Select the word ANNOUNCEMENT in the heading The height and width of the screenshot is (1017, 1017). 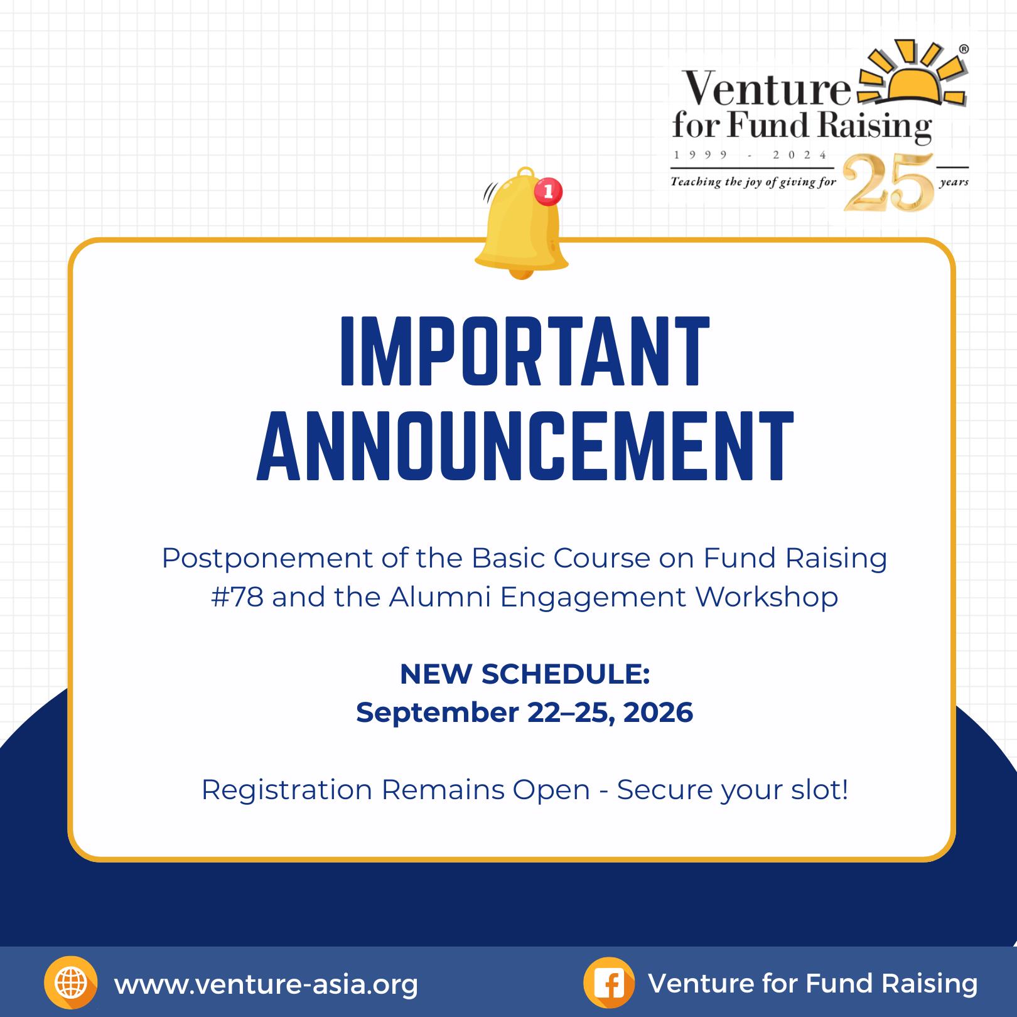[525, 446]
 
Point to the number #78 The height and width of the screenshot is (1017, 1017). [237, 596]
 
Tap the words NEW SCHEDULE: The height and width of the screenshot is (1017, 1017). [525, 674]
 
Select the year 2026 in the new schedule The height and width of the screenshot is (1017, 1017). [658, 713]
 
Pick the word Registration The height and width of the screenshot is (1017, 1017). [287, 790]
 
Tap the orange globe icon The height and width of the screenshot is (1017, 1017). [71, 983]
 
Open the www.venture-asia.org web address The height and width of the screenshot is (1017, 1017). [266, 984]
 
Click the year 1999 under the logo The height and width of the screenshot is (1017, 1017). [701, 155]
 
